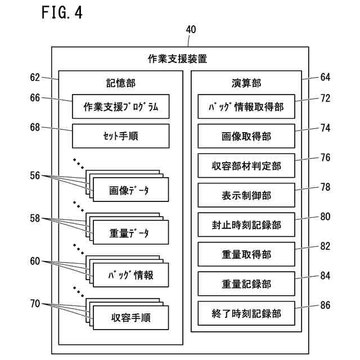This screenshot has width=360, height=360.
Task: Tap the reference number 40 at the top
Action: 191,30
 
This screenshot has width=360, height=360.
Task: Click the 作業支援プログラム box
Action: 120,107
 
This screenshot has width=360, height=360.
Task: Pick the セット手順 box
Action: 120,136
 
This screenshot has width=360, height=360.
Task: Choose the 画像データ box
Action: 130,190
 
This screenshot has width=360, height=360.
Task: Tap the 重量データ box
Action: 130,232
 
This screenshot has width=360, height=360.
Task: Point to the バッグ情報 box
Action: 130,275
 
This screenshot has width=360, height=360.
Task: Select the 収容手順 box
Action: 130,318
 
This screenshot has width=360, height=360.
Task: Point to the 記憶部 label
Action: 120,83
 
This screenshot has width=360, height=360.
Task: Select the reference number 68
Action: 35,128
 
